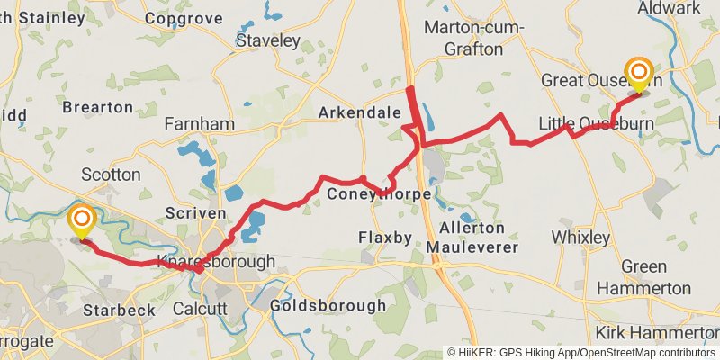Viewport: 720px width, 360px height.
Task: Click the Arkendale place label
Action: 359,113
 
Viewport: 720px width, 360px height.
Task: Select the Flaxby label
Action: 384,238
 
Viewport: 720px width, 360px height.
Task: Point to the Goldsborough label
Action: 328,306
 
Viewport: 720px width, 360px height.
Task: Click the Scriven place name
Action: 195,213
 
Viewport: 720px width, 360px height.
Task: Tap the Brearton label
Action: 98,107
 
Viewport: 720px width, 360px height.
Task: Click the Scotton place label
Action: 111,174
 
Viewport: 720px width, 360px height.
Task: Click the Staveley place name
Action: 267,40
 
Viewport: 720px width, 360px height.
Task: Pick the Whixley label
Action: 580,238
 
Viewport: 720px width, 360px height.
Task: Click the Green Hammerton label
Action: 644,277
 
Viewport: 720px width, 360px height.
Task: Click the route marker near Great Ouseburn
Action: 639,74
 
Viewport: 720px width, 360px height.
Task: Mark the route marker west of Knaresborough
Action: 82,220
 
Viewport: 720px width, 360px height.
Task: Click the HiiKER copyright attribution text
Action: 581,353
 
